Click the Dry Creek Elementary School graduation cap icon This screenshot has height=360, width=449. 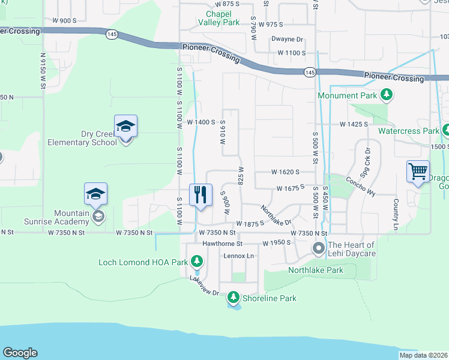125,127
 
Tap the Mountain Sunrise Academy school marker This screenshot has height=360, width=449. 95,194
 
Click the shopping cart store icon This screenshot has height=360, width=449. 417,172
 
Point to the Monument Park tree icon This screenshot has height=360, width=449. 387,95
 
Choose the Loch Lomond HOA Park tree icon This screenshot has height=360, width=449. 196,261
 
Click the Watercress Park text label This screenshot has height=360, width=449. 408,130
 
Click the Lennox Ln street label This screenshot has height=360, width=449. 239,256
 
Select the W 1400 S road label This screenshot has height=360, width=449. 201,122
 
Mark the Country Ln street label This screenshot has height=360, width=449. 396,215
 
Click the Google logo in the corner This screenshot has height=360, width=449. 20,353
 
